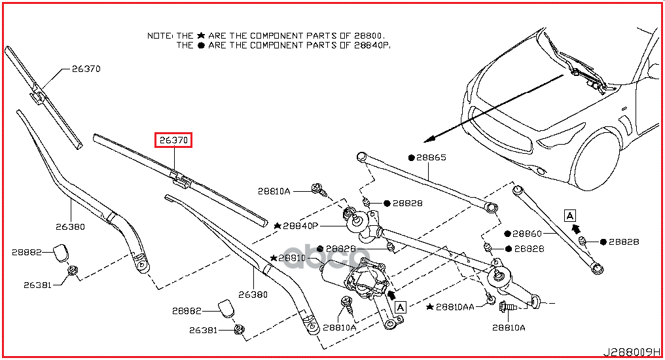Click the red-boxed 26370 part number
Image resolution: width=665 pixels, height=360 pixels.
[173, 140]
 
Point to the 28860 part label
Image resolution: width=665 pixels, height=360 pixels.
[527, 234]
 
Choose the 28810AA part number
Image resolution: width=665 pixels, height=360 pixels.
[456, 306]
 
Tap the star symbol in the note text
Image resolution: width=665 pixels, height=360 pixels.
[201, 35]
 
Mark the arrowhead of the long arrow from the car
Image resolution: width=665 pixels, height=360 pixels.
[427, 139]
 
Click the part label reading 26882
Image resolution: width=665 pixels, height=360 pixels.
[187, 311]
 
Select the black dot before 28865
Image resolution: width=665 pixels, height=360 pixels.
[412, 158]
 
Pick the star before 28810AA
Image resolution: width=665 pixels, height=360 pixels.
[429, 306]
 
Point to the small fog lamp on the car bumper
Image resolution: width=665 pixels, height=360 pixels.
[540, 171]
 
